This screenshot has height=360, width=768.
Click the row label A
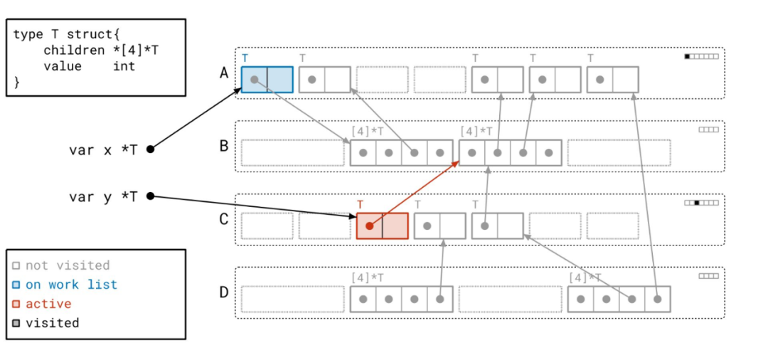(224, 72)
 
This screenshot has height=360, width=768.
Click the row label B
(224, 146)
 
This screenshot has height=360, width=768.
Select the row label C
(224, 218)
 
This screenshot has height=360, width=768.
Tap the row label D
(224, 292)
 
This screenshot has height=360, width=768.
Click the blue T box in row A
(267, 80)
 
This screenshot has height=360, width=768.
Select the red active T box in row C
(382, 226)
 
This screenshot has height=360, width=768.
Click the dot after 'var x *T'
(150, 149)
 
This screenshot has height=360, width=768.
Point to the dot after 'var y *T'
(150, 196)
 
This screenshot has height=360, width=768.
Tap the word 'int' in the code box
(124, 66)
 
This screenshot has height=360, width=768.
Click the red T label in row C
(360, 205)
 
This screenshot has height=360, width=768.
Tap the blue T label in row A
(245, 58)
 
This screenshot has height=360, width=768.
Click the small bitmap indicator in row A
(701, 56)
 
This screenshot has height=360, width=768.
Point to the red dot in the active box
(369, 226)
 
